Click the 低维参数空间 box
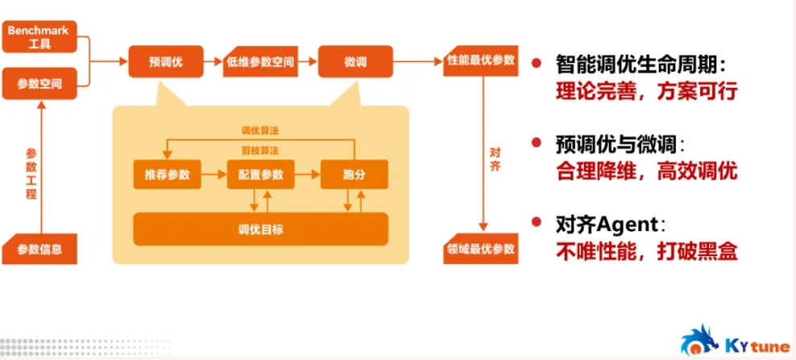tap(260, 60)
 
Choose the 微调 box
tap(355, 60)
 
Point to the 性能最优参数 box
tap(480, 60)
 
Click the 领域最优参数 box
tap(480, 248)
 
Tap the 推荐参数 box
tap(168, 174)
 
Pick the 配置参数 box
tap(261, 174)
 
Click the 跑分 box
tap(354, 174)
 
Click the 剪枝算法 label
tap(259, 151)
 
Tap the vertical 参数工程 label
tap(31, 173)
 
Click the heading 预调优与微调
tap(620, 145)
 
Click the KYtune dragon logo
tap(699, 339)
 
